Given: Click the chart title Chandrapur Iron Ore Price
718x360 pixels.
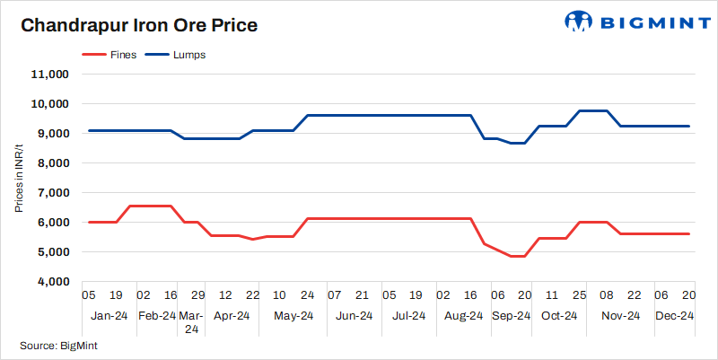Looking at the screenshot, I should click(x=139, y=25).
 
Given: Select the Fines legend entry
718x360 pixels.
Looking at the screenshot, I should click(x=113, y=55).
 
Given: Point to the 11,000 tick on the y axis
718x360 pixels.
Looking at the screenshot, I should click(x=50, y=75).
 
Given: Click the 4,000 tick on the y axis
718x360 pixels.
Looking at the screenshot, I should click(x=53, y=282).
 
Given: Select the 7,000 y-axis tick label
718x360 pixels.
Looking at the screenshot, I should click(x=53, y=193).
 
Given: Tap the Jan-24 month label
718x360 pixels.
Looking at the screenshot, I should click(x=109, y=316).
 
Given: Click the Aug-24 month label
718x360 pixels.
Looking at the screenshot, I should click(x=464, y=316).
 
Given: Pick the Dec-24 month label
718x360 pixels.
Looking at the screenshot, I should click(x=673, y=316).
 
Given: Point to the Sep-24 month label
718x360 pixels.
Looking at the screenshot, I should click(x=512, y=316).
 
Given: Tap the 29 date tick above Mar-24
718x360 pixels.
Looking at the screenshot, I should click(x=197, y=294).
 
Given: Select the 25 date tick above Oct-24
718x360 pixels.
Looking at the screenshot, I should click(x=580, y=294).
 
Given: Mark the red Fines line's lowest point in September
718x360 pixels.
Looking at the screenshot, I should click(x=518, y=256).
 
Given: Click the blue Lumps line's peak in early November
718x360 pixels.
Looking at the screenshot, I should click(x=593, y=110).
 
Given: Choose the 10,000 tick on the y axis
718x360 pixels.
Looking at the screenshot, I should click(x=50, y=104).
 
